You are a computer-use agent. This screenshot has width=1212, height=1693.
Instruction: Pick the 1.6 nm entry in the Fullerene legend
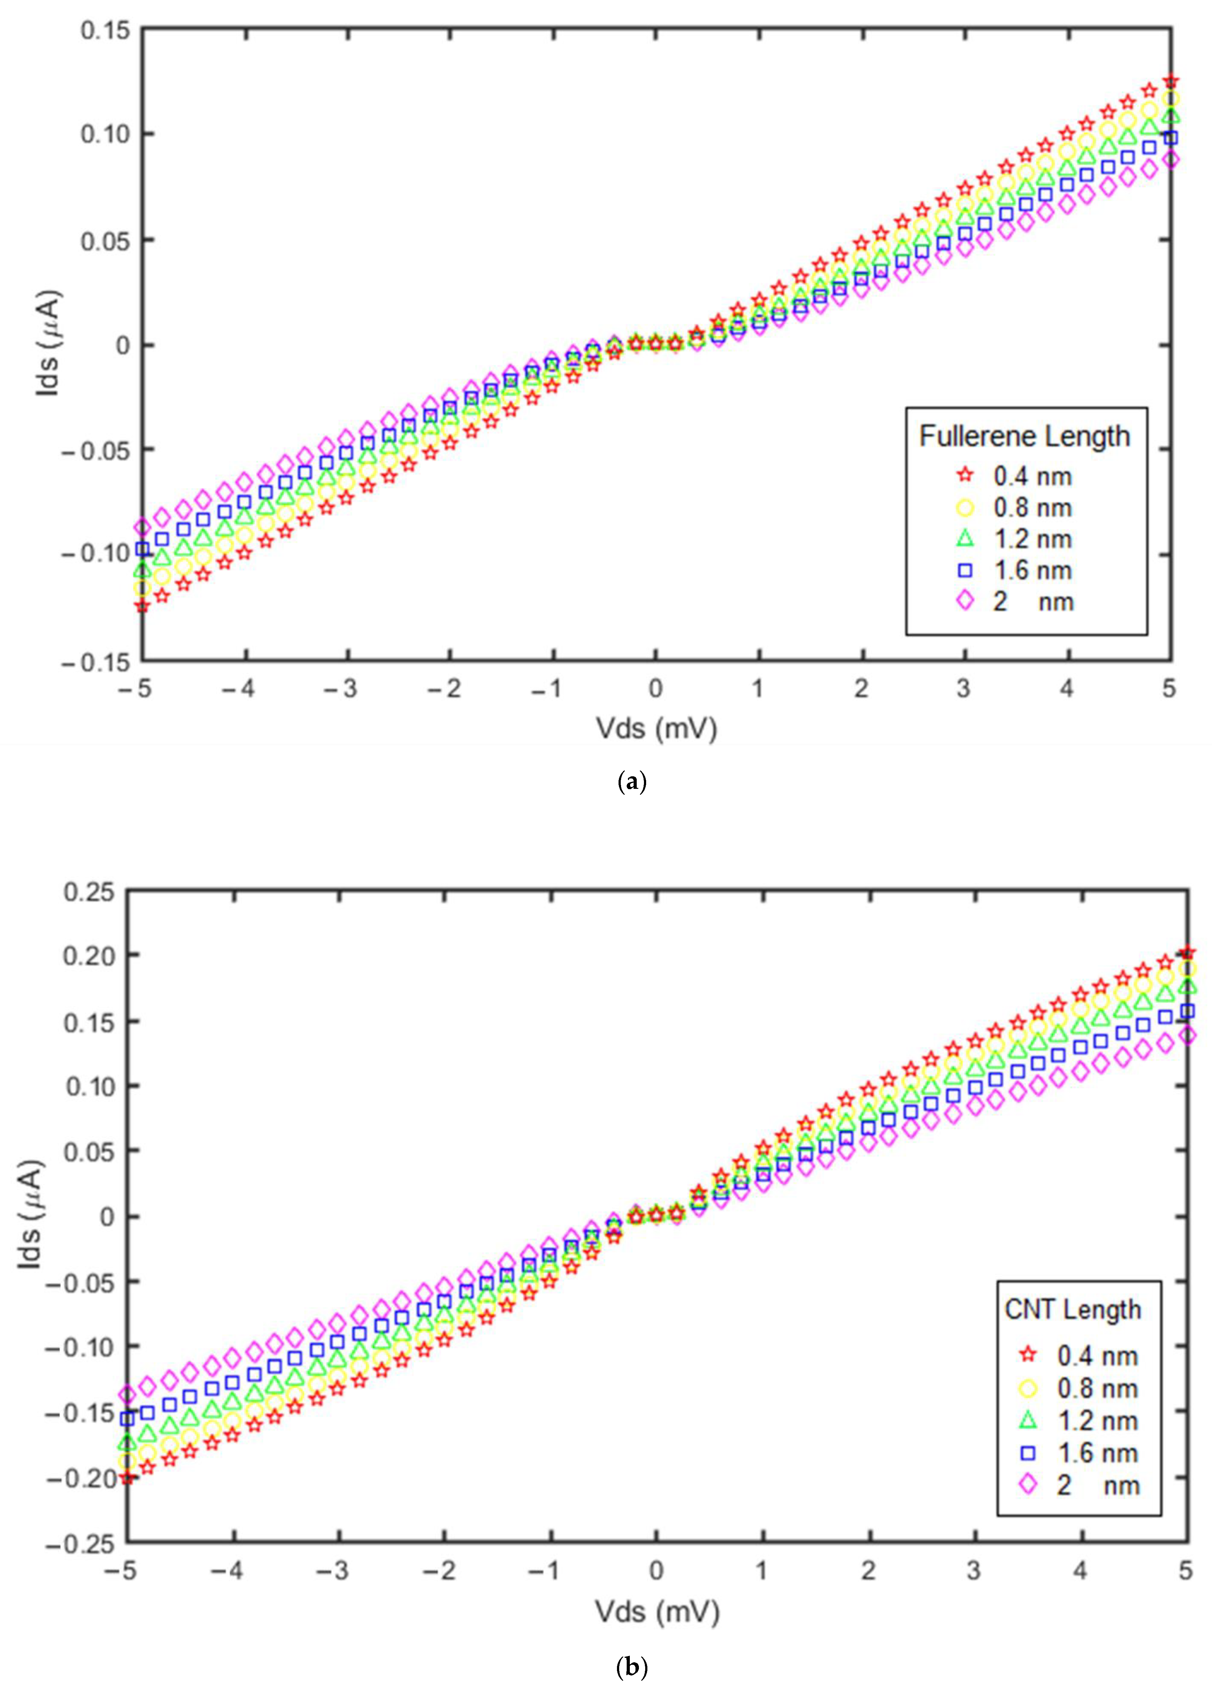[1032, 570]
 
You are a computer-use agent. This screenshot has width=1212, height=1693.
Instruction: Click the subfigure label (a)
[632, 782]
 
